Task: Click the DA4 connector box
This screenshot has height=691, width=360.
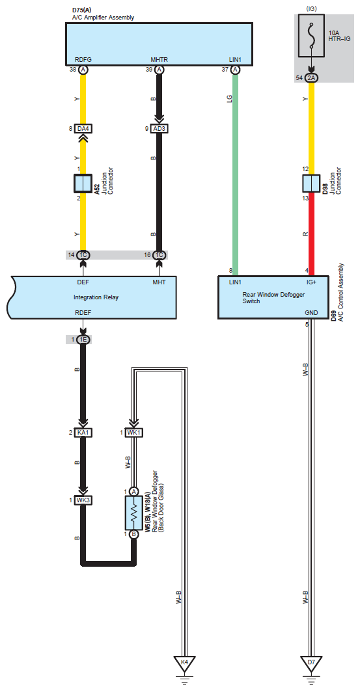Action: coord(83,128)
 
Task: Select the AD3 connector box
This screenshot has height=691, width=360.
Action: coord(159,128)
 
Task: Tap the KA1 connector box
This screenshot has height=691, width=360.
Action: coord(83,432)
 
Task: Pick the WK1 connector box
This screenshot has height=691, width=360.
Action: coord(134,432)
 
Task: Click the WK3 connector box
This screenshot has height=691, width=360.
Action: coord(83,500)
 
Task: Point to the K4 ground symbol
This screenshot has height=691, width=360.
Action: coord(185,664)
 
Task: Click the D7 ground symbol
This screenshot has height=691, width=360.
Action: coord(311,664)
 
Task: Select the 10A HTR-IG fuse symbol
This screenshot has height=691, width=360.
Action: coord(312,35)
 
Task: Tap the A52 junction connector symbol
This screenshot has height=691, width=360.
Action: coord(83,183)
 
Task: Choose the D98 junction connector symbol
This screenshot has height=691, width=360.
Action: coord(311,183)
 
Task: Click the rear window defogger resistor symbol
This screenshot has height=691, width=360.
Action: coord(134,513)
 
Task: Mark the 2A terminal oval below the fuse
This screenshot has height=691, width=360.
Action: coord(311,78)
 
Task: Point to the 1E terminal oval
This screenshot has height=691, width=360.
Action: coord(83,340)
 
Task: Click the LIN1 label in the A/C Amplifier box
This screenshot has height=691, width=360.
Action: coord(235,60)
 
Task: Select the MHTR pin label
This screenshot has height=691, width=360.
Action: coord(159,60)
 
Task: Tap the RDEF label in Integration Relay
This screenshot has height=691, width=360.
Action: coord(83,313)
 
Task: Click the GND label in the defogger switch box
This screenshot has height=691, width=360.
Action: coord(311,312)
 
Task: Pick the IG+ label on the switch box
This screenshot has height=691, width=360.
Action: coord(312,282)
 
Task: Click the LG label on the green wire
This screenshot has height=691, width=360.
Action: coord(229,98)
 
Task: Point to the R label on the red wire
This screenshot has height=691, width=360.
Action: coord(305,234)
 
